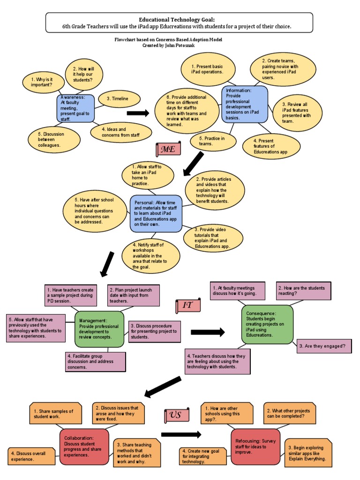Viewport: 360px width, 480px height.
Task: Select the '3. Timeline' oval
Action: point(120,98)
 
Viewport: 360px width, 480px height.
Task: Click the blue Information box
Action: point(245,104)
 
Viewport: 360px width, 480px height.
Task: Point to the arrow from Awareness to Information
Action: point(138,113)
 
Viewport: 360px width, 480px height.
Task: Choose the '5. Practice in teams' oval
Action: point(214,141)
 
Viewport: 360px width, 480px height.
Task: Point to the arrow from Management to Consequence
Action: point(208,332)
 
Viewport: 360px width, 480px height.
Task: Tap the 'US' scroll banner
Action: point(177,415)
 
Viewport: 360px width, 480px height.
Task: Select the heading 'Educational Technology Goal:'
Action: point(180,19)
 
